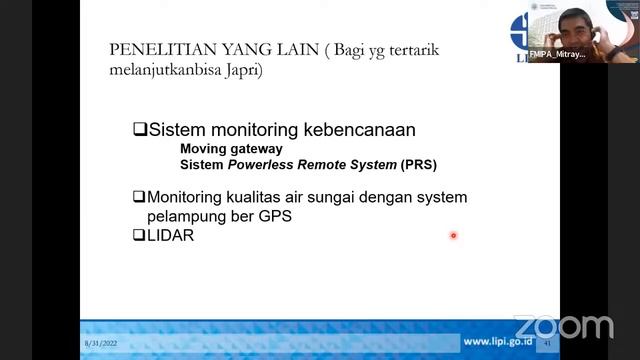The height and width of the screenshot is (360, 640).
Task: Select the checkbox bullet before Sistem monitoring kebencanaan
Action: (x=140, y=130)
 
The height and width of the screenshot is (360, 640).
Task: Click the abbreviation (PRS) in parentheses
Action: (x=418, y=164)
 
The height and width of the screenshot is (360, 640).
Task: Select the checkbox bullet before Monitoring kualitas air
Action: (x=139, y=197)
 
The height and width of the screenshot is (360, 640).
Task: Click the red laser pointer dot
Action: (x=453, y=236)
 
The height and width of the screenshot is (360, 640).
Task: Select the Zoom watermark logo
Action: (x=564, y=327)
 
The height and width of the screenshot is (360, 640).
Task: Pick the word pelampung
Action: (x=185, y=216)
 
